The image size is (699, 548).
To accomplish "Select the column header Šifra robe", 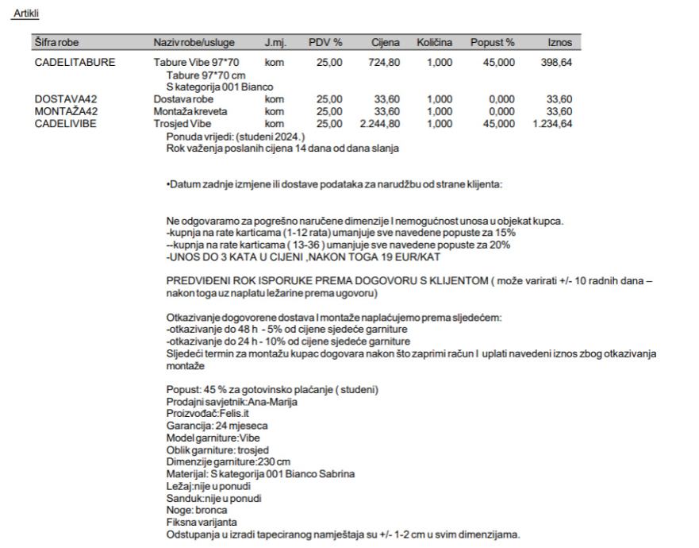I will tap(56, 41).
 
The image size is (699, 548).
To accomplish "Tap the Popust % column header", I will tap(493, 41).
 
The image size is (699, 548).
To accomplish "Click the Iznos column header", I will tap(559, 41).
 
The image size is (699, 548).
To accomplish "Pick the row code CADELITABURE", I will tap(75, 61).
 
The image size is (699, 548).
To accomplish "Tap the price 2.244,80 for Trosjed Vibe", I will tap(378, 124).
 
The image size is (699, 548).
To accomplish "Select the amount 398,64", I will tap(555, 61).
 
